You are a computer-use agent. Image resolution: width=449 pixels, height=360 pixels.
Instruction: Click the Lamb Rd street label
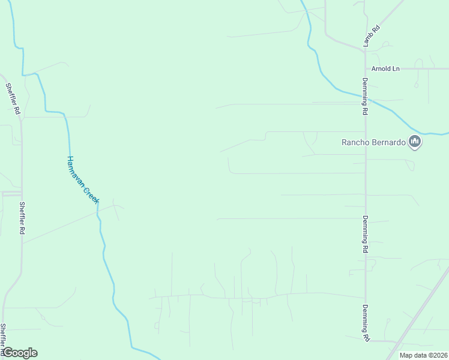point(372,37)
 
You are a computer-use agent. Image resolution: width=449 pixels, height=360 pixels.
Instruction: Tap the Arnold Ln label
point(385,69)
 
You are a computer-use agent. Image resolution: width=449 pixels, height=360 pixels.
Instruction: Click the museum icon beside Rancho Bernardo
point(414,142)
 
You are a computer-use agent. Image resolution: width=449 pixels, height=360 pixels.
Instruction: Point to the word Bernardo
point(390,143)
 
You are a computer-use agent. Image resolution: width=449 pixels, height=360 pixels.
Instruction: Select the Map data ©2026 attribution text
point(423,355)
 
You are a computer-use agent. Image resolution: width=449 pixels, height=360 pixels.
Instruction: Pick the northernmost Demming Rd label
point(364,96)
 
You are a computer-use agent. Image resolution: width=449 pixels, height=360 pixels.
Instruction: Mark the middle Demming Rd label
point(364,234)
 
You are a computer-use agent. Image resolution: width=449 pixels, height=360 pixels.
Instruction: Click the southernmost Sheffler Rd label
point(4,339)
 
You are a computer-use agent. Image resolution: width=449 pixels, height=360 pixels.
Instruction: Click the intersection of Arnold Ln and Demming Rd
point(364,69)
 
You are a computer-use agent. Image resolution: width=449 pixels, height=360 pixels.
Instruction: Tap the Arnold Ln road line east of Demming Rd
point(420,69)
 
